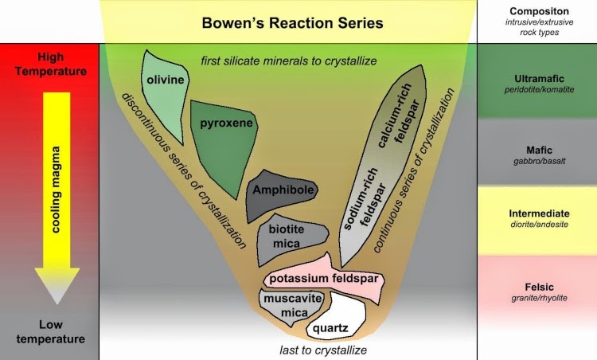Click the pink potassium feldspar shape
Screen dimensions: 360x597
tap(322, 280)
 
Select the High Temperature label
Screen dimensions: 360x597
tap(49, 65)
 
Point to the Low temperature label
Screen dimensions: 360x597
tap(49, 332)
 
